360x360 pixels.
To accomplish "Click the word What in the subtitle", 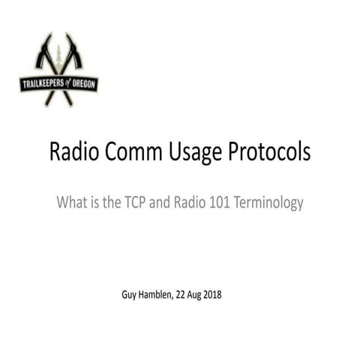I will click(x=71, y=202).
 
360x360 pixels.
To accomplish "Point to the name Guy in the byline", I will click(x=129, y=294).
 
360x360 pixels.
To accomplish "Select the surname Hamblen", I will click(x=160, y=294).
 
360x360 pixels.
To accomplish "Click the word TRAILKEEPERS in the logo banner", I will click(x=44, y=83).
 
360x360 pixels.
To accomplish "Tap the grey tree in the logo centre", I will click(x=58, y=60).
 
